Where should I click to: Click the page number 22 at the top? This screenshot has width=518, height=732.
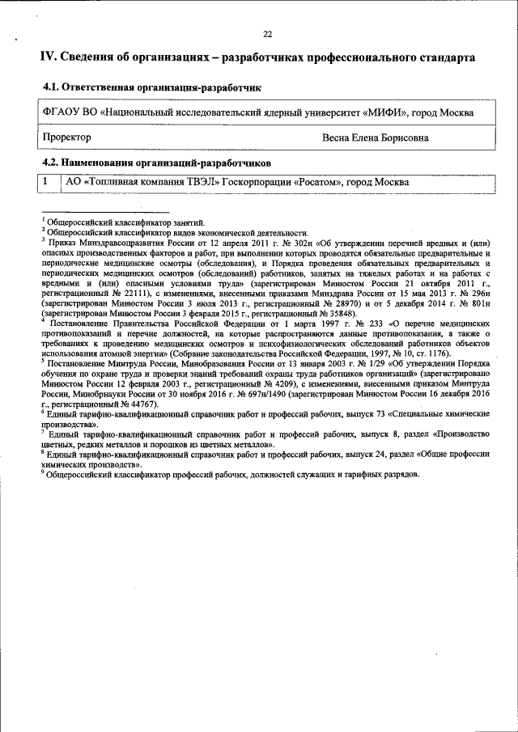point(267,34)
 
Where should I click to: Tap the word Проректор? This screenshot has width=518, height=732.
point(69,138)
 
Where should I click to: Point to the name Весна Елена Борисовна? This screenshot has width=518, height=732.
point(376,138)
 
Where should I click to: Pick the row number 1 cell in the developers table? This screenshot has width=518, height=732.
point(49,182)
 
